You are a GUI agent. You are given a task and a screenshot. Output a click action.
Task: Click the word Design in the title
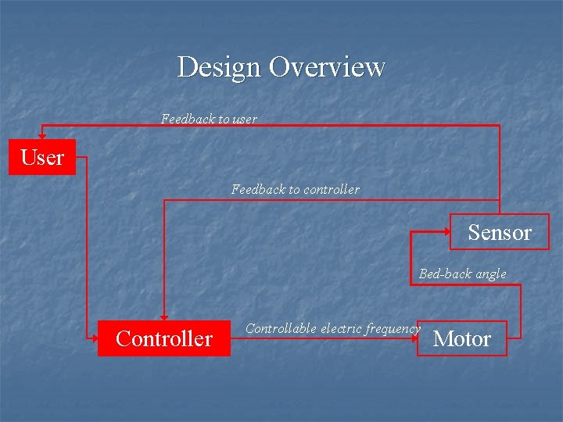tap(220, 67)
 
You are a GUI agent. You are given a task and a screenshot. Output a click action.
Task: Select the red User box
tap(42, 157)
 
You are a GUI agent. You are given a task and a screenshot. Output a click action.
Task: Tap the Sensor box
tap(500, 232)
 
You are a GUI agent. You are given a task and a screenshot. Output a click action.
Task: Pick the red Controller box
tap(164, 338)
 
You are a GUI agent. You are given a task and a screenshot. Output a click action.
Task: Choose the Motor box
tap(462, 338)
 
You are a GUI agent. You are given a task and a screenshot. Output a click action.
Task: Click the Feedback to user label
tap(209, 119)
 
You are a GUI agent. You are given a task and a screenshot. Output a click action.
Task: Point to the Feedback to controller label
tap(296, 189)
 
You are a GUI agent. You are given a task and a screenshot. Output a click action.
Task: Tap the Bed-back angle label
tap(462, 274)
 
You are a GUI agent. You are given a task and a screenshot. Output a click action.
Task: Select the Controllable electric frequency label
tap(332, 328)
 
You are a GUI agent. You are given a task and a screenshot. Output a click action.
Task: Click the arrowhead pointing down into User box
tap(42, 135)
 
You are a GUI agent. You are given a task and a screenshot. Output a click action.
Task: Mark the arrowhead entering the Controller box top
tap(164, 316)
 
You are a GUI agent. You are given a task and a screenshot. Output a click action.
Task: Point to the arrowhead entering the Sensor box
tap(446, 231)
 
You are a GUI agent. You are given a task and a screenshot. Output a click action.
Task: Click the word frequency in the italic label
tap(393, 329)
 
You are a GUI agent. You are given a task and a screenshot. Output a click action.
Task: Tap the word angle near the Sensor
tap(489, 274)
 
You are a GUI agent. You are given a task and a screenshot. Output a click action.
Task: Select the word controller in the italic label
tap(332, 189)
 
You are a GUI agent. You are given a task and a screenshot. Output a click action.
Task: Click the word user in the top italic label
tap(245, 119)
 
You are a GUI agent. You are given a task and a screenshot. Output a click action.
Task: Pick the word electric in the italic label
tap(341, 328)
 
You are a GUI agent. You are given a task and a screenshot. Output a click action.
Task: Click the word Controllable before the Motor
tap(281, 328)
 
